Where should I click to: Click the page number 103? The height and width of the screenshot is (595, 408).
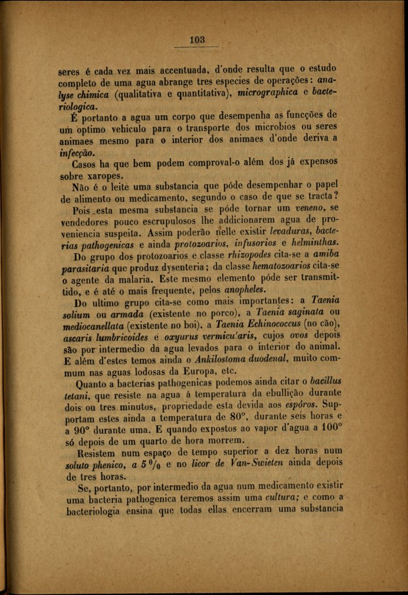tap(197, 40)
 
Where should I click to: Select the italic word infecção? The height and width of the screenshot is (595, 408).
tap(77, 152)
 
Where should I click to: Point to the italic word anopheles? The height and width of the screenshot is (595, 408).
tap(244, 290)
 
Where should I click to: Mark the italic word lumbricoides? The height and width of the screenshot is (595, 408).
tap(121, 336)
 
